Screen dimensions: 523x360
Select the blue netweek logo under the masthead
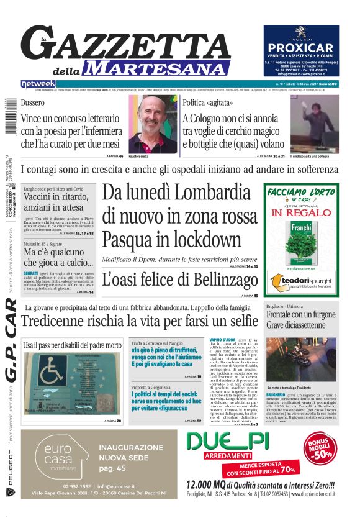click(x=38, y=83)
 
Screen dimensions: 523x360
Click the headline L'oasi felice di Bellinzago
click(x=179, y=279)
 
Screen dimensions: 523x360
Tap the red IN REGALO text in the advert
click(x=302, y=212)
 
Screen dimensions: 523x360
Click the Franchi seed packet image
click(x=302, y=239)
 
